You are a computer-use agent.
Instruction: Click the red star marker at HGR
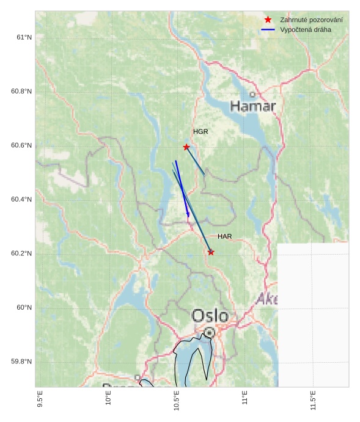[186, 147]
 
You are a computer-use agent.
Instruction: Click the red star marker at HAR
[211, 252]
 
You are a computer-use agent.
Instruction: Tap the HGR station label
[200, 132]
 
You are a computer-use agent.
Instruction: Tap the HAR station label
[224, 236]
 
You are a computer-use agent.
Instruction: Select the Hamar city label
[253, 107]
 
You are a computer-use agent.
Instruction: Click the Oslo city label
[210, 316]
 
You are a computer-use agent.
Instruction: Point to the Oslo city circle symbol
[210, 332]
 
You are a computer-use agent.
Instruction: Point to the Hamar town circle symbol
[252, 94]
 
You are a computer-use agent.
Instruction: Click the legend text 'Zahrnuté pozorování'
[311, 20]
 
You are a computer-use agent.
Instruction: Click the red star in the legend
[268, 20]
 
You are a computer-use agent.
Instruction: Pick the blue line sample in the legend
[268, 29]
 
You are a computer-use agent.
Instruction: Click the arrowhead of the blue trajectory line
[188, 215]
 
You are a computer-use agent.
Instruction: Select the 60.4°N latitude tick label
[21, 200]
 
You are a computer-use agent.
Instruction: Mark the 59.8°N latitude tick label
[21, 362]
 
